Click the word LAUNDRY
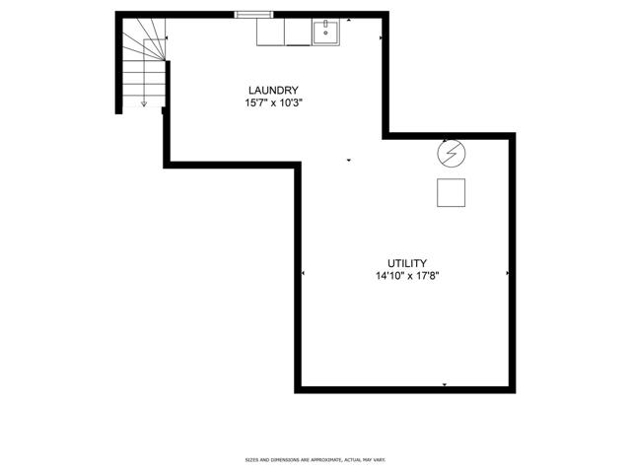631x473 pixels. pos(273,90)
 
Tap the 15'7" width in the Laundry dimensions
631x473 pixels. pos(255,102)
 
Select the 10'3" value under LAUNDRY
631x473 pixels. pos(291,102)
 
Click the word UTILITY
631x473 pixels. pos(407,263)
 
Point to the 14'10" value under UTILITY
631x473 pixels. pos(389,276)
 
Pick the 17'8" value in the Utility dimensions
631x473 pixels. pos(427,276)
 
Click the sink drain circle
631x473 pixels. pos(325,33)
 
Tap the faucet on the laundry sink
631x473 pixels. pos(325,24)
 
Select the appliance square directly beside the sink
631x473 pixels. pos(298,32)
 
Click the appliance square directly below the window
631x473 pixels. pos(270,32)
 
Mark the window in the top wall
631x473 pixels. pos(254,15)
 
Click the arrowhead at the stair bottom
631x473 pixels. pos(144,104)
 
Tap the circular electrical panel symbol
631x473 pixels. pos(452,154)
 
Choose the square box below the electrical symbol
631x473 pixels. pos(452,193)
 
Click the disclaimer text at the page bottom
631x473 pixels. pos(315,459)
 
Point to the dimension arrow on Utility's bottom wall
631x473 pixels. pos(445,385)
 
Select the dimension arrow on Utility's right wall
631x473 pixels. pos(508,273)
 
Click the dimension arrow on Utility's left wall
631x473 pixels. pos(303,273)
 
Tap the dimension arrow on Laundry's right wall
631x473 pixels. pos(382,37)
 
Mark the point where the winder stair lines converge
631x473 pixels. pos(165,60)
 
